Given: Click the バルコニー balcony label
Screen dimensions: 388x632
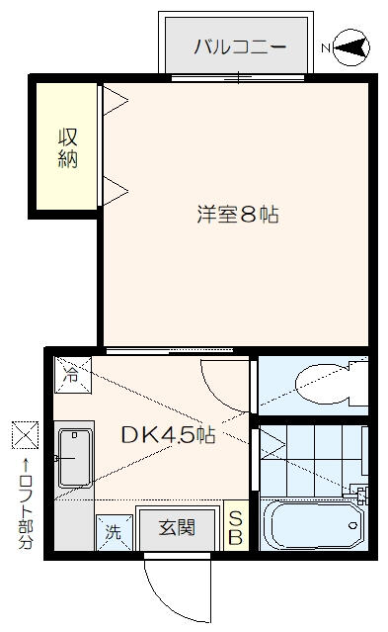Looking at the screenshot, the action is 240,46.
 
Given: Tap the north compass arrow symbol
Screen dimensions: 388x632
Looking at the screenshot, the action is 351,47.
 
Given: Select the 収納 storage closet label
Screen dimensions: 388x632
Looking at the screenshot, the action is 67,148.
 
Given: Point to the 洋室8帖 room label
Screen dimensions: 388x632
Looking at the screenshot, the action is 238,214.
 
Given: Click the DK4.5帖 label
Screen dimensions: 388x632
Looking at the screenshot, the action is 168,435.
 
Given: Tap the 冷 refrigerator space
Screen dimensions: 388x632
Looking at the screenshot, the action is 73,375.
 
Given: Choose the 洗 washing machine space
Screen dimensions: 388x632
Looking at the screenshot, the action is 115,532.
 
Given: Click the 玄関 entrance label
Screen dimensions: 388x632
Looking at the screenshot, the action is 177,527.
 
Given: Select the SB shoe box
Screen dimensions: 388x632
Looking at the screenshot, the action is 236,525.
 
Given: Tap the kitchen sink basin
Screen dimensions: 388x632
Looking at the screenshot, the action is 75,458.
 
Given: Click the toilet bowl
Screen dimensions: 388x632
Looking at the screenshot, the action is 327,384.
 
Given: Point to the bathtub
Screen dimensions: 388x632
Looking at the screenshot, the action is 313,525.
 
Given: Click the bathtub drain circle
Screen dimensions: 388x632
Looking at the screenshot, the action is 353,525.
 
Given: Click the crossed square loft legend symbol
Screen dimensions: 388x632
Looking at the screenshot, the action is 25,434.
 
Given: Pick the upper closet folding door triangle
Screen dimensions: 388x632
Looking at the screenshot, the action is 116,100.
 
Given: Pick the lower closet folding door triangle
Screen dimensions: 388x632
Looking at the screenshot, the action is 116,191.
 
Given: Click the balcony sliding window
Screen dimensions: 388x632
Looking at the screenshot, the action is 238,78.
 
